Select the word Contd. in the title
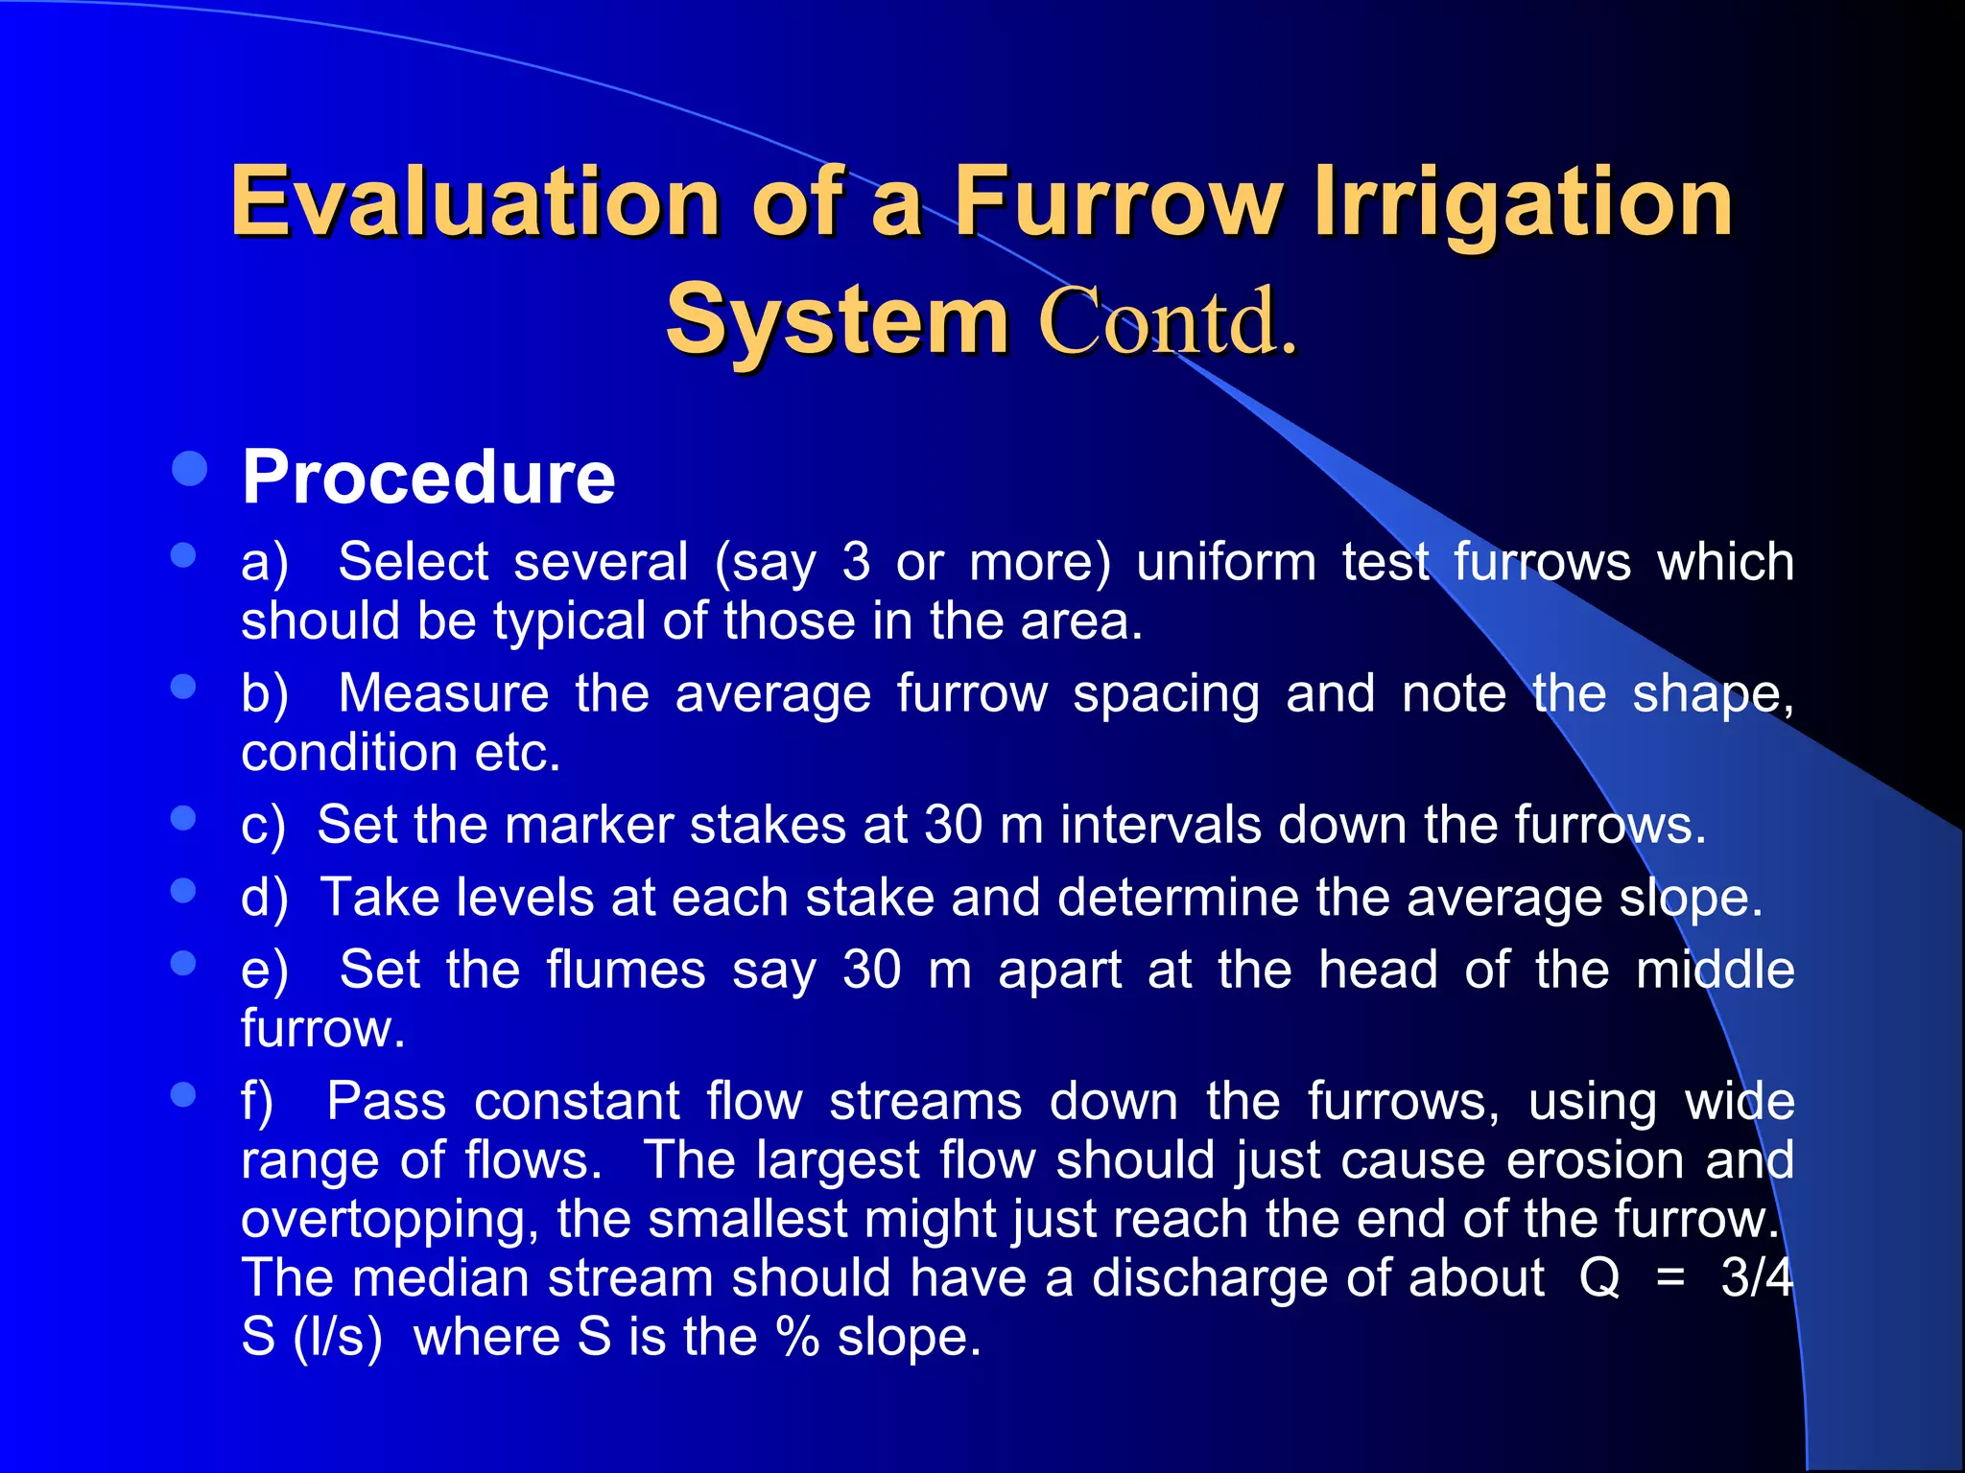[x=1168, y=320]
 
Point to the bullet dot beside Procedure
[x=190, y=469]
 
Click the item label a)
[x=265, y=562]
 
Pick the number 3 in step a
[x=856, y=562]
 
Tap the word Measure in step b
[x=443, y=693]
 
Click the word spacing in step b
[x=1166, y=695]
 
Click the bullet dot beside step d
[x=183, y=891]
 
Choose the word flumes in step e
[x=626, y=970]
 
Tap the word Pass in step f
[x=386, y=1101]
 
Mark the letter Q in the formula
[x=1598, y=1278]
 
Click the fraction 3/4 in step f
[x=1756, y=1278]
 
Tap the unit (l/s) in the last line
[x=338, y=1338]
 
